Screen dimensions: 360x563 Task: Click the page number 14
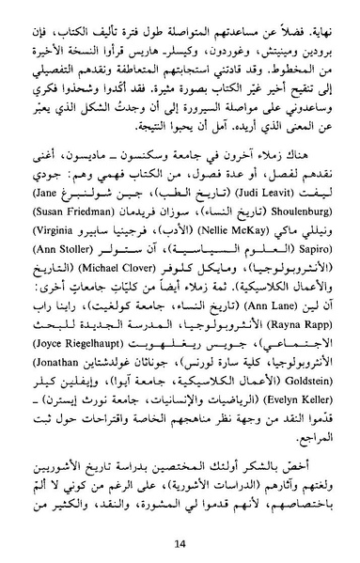pyautogui.click(x=180, y=542)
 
